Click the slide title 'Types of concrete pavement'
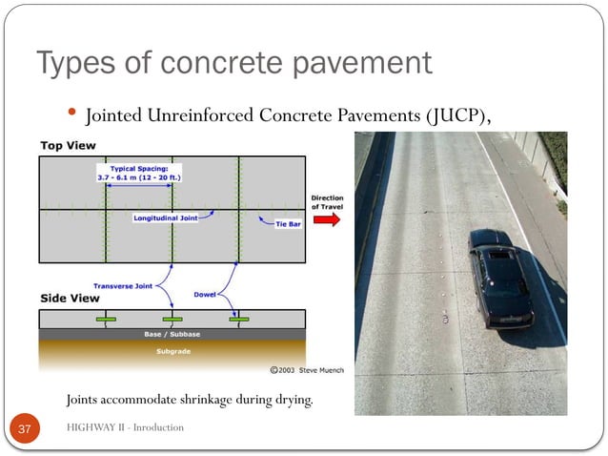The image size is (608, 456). [x=233, y=64]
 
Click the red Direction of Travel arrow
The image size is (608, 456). [x=326, y=220]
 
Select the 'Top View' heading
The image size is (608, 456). [x=68, y=146]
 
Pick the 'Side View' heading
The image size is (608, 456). [x=70, y=298]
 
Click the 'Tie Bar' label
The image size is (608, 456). [x=288, y=225]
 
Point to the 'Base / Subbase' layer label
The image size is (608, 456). [x=172, y=335]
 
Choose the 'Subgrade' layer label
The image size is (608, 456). [x=172, y=350]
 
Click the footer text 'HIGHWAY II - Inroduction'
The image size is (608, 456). [x=125, y=427]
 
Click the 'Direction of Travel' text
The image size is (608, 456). [x=327, y=202]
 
